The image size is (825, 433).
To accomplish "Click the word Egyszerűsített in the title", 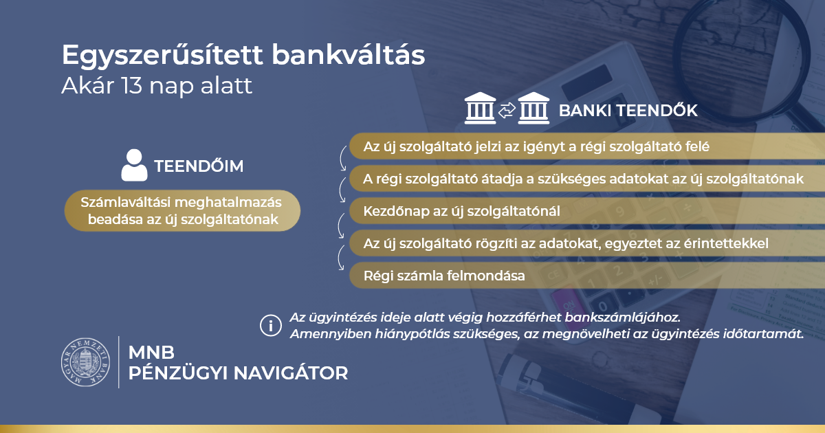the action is (x=162, y=56).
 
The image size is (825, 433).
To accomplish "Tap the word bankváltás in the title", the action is (x=349, y=54).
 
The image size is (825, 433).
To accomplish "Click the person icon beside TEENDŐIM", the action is (x=135, y=165).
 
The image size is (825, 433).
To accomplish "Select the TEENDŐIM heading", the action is (x=199, y=166).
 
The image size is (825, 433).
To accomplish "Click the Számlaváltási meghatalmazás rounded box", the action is (x=182, y=210).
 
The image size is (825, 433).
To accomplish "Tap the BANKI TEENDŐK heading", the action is (x=628, y=111).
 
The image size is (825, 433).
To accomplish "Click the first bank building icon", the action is (x=481, y=108).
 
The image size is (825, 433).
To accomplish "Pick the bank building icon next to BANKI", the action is (x=533, y=108).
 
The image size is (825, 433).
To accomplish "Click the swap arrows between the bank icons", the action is (x=507, y=110).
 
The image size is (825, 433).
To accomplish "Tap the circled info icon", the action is (x=271, y=326).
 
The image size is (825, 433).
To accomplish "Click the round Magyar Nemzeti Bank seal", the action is (x=85, y=362).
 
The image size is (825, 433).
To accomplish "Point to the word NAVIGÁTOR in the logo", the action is (x=291, y=373).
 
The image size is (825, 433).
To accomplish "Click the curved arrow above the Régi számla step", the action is (x=339, y=258).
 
